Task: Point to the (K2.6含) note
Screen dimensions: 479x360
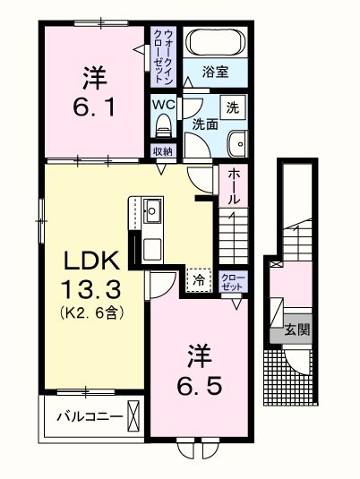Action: [x=91, y=312]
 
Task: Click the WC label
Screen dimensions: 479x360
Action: [x=163, y=104]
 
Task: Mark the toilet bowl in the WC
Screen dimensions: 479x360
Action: [x=163, y=125]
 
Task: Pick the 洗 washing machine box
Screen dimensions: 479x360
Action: [x=232, y=107]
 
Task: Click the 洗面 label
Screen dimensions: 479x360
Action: [x=204, y=125]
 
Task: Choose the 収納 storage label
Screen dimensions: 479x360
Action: [x=162, y=151]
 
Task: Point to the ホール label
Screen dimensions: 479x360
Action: [x=232, y=185]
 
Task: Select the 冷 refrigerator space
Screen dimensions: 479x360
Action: [x=199, y=280]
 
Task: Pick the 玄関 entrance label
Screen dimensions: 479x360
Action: [x=298, y=329]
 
